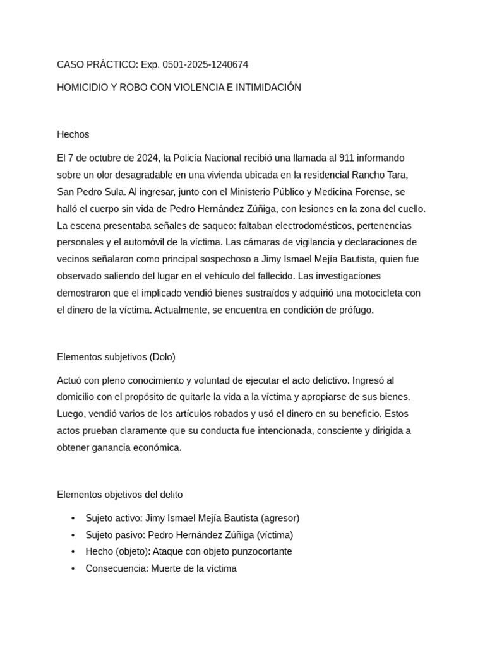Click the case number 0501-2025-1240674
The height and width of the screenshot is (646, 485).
click(205, 64)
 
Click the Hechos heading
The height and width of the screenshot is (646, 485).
click(73, 134)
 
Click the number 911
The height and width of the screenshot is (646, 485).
click(347, 158)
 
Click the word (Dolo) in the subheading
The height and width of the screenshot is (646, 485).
click(162, 357)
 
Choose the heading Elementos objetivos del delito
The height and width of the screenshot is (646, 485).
click(120, 495)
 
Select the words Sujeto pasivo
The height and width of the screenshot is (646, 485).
click(114, 535)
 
